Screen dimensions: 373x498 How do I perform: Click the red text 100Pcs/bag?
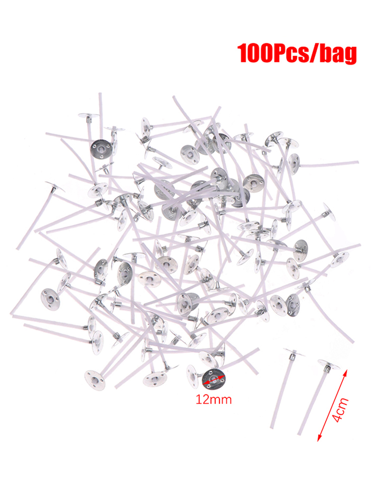click(296, 54)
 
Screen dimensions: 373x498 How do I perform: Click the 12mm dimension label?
click(213, 399)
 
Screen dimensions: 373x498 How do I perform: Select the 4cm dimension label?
click(341, 410)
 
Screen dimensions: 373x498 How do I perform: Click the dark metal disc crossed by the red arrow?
click(214, 378)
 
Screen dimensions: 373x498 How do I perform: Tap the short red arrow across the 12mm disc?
click(214, 379)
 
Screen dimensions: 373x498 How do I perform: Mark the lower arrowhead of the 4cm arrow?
click(320, 438)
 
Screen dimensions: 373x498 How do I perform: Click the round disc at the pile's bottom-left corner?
click(95, 380)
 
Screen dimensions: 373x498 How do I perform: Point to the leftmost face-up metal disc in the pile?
click(50, 299)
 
